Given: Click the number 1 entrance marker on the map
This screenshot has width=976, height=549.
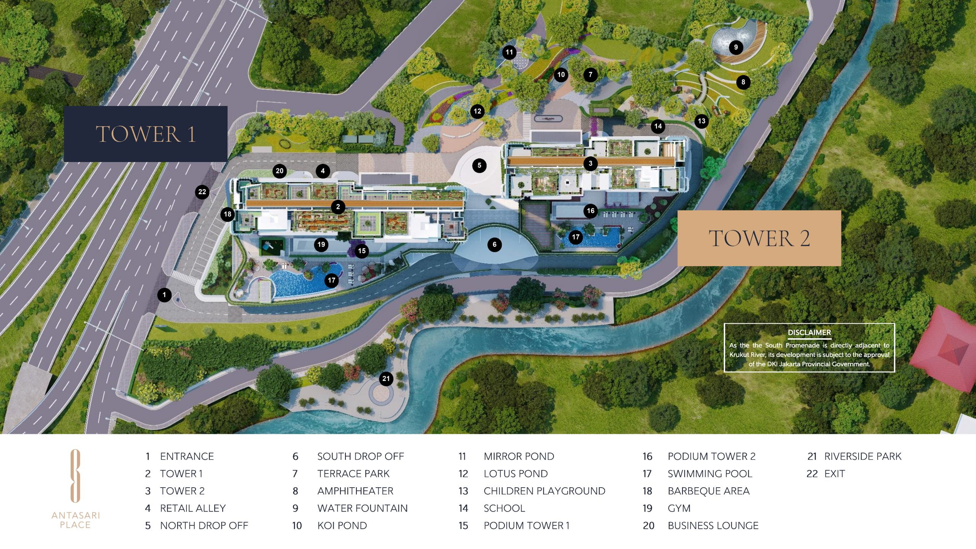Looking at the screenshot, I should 164,295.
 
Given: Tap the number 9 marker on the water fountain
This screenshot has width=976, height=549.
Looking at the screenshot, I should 736,47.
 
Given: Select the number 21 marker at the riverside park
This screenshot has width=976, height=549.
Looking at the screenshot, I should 386,379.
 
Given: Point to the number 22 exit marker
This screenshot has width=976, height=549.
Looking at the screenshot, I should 202,192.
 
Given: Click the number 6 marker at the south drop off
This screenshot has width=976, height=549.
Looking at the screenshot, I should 494,244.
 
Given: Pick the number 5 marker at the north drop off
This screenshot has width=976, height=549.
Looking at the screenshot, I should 479,165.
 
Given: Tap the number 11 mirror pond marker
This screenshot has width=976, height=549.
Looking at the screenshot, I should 509,52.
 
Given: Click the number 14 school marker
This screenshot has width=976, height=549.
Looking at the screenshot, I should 658,126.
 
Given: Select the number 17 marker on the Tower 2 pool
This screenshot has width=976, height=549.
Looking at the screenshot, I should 575,237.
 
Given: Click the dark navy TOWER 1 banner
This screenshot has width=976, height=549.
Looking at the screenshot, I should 145,134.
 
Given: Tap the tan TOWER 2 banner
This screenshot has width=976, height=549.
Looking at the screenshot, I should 759,238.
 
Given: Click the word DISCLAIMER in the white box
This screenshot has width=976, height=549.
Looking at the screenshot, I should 809,332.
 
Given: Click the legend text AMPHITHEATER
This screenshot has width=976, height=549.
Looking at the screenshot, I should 355,491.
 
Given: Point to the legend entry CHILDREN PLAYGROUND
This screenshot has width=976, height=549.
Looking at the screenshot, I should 544,491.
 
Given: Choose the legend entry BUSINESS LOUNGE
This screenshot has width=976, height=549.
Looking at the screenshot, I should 713,526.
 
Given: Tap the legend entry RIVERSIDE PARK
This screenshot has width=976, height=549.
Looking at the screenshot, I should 862,456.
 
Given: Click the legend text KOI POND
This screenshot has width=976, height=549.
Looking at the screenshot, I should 342,526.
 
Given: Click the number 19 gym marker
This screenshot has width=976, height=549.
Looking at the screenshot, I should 321,244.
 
